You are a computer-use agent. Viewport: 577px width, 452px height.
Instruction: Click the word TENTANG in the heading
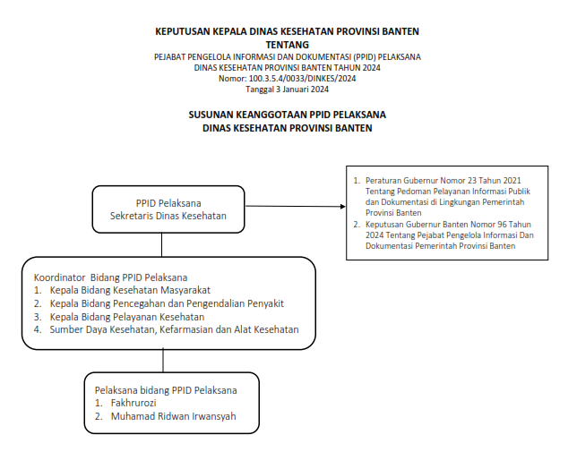[x=287, y=44]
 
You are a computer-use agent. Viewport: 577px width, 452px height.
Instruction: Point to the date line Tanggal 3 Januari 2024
[x=287, y=90]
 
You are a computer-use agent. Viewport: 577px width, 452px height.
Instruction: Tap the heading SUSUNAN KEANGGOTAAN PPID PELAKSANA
[x=287, y=115]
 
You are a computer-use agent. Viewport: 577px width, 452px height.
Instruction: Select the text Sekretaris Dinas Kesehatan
[x=168, y=216]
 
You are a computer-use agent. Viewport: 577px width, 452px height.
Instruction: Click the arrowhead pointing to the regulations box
[x=341, y=208]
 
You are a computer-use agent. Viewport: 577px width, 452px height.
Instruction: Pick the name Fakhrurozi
[x=133, y=404]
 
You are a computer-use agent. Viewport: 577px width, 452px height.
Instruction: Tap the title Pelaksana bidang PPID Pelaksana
[x=166, y=390]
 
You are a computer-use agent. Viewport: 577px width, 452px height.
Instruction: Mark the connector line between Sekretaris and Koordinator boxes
[x=162, y=244]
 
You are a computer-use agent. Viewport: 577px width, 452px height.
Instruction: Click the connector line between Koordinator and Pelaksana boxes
[x=162, y=359]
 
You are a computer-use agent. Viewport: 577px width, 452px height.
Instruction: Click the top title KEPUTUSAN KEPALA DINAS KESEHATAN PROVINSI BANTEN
[x=287, y=31]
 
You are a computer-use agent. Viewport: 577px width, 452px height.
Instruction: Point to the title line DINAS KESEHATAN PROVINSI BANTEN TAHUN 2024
[x=287, y=68]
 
